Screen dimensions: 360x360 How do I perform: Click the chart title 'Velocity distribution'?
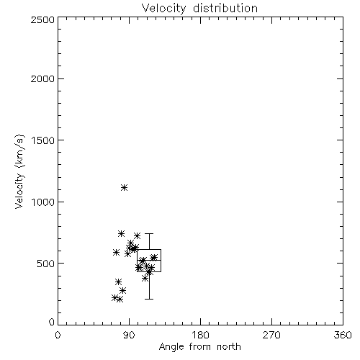pyautogui.click(x=199, y=9)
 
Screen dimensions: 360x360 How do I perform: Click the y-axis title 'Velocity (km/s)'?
pyautogui.click(x=20, y=171)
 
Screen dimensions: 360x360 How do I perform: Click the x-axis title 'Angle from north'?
pyautogui.click(x=199, y=347)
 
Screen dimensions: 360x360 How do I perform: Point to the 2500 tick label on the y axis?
pyautogui.click(x=42, y=20)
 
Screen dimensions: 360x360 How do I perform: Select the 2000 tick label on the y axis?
pyautogui.click(x=42, y=78)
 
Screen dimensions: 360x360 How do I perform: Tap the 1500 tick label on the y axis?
pyautogui.click(x=43, y=140)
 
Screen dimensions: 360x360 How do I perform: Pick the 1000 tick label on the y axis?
pyautogui.click(x=43, y=202)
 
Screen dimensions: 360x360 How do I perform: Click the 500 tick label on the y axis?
pyautogui.click(x=46, y=264)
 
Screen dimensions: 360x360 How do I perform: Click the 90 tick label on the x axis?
pyautogui.click(x=129, y=335)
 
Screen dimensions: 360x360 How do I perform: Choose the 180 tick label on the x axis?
pyautogui.click(x=200, y=335)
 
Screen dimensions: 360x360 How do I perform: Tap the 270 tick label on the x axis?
pyautogui.click(x=271, y=335)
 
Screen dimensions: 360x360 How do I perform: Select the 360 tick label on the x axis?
pyautogui.click(x=343, y=335)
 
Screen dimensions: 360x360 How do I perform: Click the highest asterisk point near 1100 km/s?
pyautogui.click(x=124, y=187)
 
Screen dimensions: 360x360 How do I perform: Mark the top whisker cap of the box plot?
pyautogui.click(x=149, y=233)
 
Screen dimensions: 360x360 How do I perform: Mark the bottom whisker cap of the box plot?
pyautogui.click(x=149, y=299)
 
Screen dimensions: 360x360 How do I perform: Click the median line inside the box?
pyautogui.click(x=149, y=260)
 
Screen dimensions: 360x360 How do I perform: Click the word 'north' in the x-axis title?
pyautogui.click(x=229, y=347)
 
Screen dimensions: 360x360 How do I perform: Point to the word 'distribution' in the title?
pyautogui.click(x=225, y=9)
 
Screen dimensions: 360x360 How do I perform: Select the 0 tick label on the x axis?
pyautogui.click(x=58, y=335)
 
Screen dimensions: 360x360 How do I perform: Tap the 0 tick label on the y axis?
pyautogui.click(x=52, y=322)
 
